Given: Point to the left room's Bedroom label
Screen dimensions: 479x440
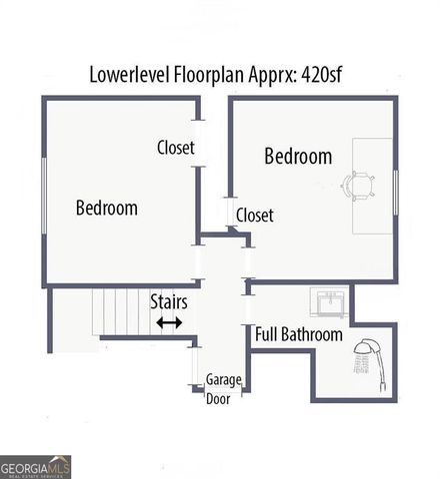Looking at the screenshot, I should [x=107, y=209].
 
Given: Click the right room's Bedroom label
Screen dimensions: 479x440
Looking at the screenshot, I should [x=298, y=157].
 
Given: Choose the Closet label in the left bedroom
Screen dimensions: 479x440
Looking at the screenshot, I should [x=176, y=149].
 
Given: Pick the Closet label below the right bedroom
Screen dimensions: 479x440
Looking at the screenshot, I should [x=254, y=215].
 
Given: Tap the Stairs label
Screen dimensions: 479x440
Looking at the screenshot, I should [x=168, y=300].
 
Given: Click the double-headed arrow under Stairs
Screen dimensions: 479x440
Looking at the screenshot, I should [x=169, y=322].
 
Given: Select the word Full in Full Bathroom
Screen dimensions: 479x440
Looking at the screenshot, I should [x=266, y=335].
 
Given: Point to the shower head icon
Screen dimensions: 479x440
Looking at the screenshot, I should [x=366, y=355].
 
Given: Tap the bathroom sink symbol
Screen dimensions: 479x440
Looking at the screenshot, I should [x=328, y=300].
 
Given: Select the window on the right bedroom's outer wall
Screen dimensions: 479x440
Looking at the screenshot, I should [x=395, y=192].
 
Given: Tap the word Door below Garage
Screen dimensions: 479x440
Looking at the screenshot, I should [x=217, y=398].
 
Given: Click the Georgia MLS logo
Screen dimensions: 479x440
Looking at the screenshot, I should [x=36, y=466].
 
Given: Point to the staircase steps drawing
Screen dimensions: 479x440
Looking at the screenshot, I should [x=120, y=310].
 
